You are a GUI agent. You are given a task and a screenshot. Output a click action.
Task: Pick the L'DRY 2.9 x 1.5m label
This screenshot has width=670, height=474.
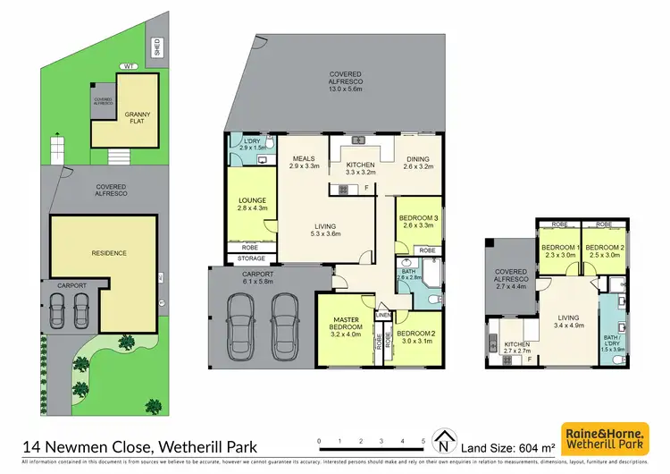coord(247,143)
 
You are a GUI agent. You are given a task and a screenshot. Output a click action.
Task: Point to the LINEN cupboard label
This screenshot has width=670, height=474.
coord(383,316)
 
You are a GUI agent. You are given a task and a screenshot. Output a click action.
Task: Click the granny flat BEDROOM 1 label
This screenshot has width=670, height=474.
coord(560,250)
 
